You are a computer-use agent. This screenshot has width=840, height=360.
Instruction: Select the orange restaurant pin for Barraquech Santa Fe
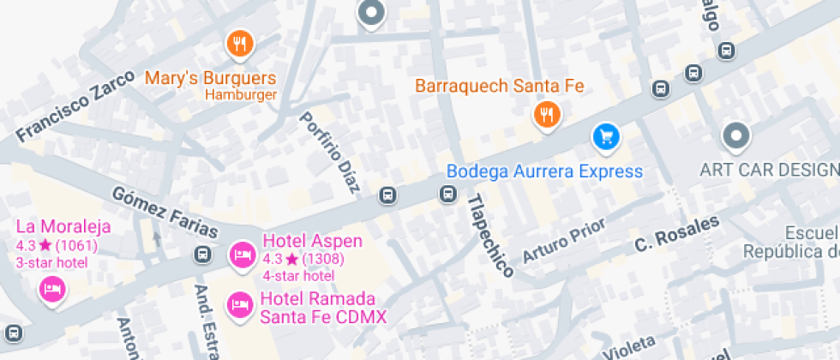(x=546, y=114)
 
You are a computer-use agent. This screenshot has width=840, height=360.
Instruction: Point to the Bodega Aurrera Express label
(x=544, y=171)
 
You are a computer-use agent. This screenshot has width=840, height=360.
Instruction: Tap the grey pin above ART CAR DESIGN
(x=735, y=135)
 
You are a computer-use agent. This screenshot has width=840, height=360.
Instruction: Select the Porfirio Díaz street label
(x=329, y=152)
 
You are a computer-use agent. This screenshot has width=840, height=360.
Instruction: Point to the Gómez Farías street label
(x=165, y=211)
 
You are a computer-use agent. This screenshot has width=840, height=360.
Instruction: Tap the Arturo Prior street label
(x=563, y=240)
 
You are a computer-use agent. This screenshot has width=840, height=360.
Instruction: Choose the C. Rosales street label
(x=676, y=234)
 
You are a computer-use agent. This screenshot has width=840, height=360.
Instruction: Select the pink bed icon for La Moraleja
(x=53, y=288)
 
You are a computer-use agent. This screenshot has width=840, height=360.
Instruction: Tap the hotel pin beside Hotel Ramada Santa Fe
(x=239, y=303)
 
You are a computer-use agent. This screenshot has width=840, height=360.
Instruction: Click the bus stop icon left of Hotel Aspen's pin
(x=203, y=255)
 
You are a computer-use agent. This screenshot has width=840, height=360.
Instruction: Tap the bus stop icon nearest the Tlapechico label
(x=447, y=195)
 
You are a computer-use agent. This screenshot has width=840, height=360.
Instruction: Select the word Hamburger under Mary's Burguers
(x=241, y=95)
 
